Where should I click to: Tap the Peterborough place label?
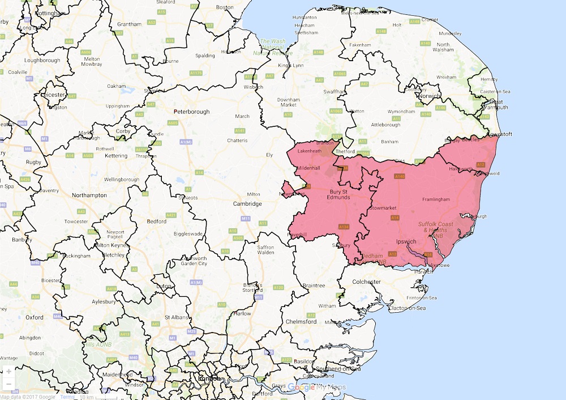point(191,112)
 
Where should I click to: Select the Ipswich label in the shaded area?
point(405,242)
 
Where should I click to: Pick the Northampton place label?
point(89,195)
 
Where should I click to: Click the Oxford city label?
point(34,317)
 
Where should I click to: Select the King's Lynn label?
point(291,66)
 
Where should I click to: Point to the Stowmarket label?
point(383,208)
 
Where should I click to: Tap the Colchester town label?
point(366,282)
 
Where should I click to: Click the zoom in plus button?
point(8,372)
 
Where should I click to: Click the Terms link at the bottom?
point(67,397)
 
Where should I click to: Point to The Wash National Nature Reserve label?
point(272,48)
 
